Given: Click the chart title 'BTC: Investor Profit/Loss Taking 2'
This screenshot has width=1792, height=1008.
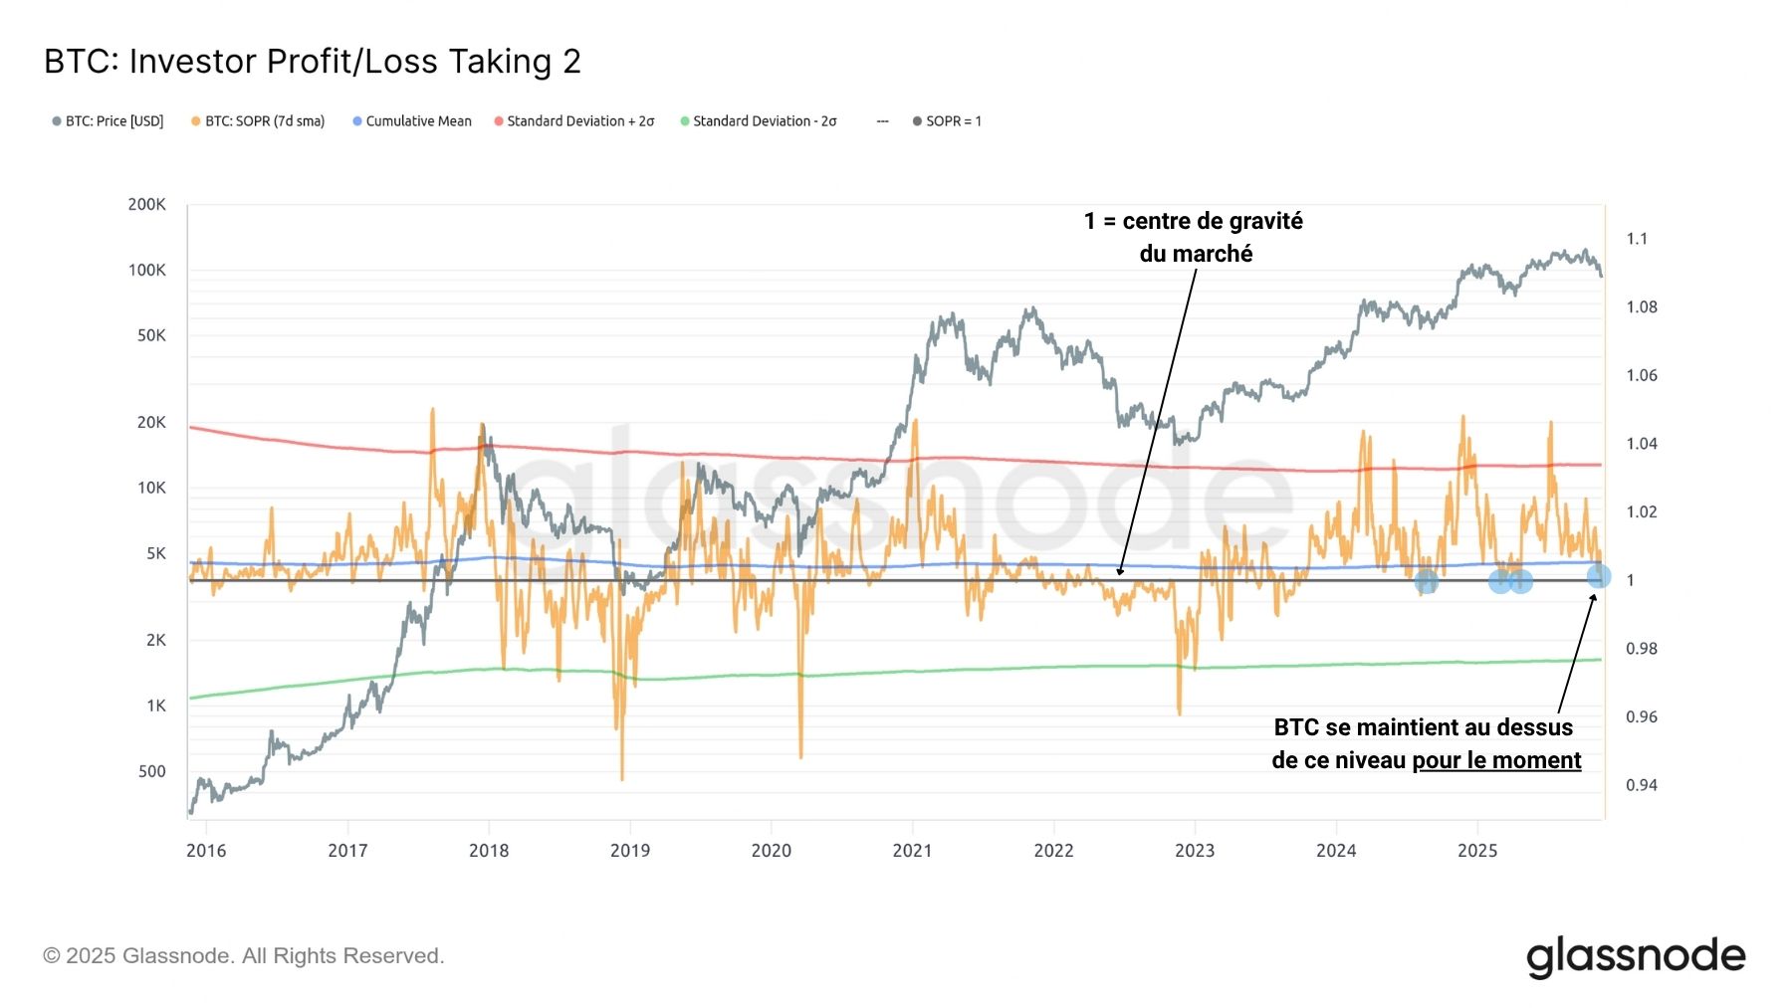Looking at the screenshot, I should [312, 62].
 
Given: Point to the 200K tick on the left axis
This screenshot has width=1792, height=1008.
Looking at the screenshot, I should [146, 204].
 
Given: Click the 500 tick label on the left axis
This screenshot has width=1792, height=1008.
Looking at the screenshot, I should [151, 771].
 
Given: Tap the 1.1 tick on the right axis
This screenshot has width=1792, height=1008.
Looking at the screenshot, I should [1637, 239].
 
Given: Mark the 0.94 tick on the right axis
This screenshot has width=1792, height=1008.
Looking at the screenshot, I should [1641, 785].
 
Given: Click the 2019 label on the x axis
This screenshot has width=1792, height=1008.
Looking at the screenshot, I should [629, 851].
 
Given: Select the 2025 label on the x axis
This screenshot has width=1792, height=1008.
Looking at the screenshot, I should [1476, 851].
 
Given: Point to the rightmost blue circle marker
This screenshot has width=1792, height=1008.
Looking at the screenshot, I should [1598, 576].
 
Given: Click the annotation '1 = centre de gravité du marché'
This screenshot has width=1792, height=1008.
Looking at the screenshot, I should [1194, 237].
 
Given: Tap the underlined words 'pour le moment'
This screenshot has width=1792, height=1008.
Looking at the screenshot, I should [1496, 760].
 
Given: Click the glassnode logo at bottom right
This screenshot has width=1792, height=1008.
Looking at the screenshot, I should [1636, 956].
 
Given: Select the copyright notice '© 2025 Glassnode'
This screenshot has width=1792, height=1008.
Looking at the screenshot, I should [243, 956].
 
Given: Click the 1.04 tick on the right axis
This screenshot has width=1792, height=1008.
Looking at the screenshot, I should [1641, 444].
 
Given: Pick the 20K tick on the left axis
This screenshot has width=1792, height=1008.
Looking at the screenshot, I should [151, 422].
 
